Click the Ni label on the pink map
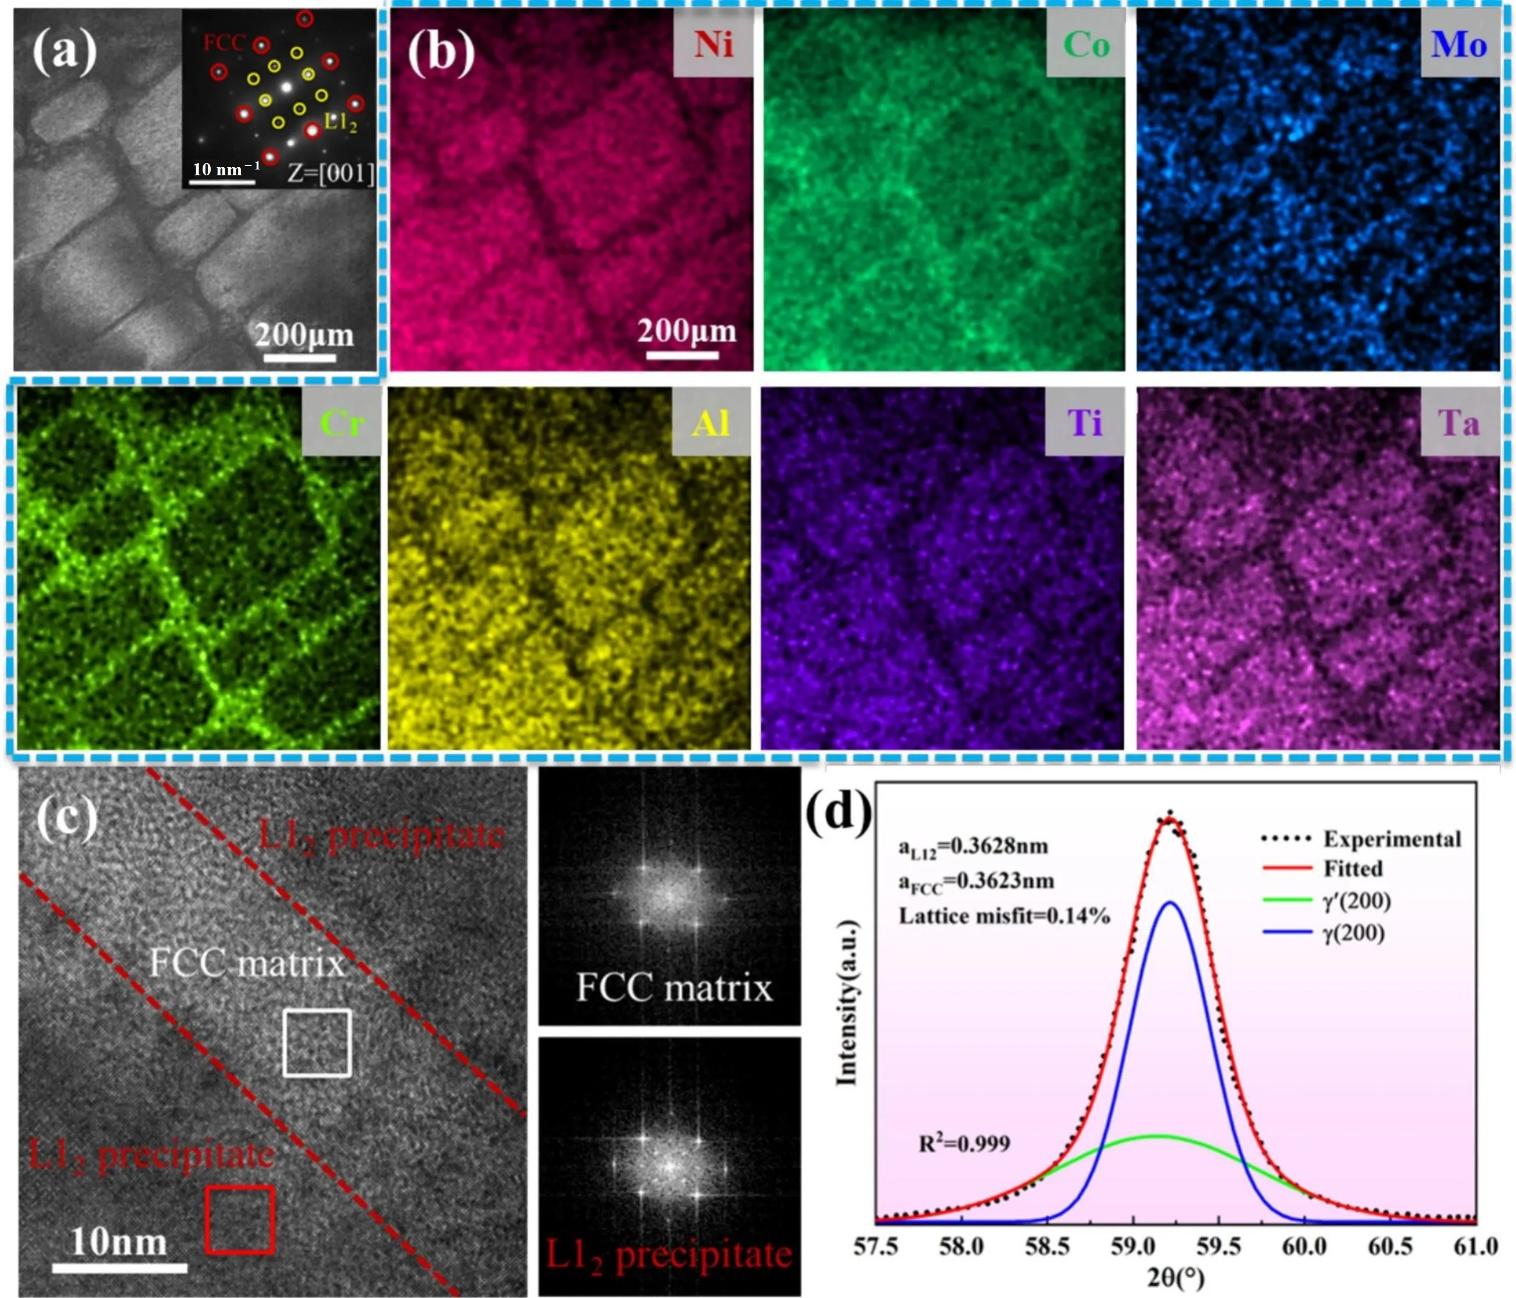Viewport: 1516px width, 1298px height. point(713,45)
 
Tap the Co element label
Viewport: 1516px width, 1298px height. point(1086,45)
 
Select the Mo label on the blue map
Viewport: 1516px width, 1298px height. point(1459,45)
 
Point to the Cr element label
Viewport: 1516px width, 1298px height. point(342,423)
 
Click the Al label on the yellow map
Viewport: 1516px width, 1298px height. point(711,423)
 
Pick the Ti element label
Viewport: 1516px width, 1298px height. point(1085,423)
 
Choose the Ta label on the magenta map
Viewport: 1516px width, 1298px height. point(1459,423)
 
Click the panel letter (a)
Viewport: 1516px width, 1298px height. point(65,51)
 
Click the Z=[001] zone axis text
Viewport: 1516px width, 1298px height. point(331,174)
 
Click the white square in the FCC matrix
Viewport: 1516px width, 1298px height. point(317,1042)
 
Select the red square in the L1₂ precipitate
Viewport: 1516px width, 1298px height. point(240,1220)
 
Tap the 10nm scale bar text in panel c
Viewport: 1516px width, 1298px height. point(119,1242)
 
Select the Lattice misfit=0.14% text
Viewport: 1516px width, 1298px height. point(1004,916)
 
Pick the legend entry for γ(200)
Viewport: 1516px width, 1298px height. point(1354,933)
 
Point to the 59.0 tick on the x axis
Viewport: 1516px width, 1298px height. point(1132,1246)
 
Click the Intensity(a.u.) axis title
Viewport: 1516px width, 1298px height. point(846,1002)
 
